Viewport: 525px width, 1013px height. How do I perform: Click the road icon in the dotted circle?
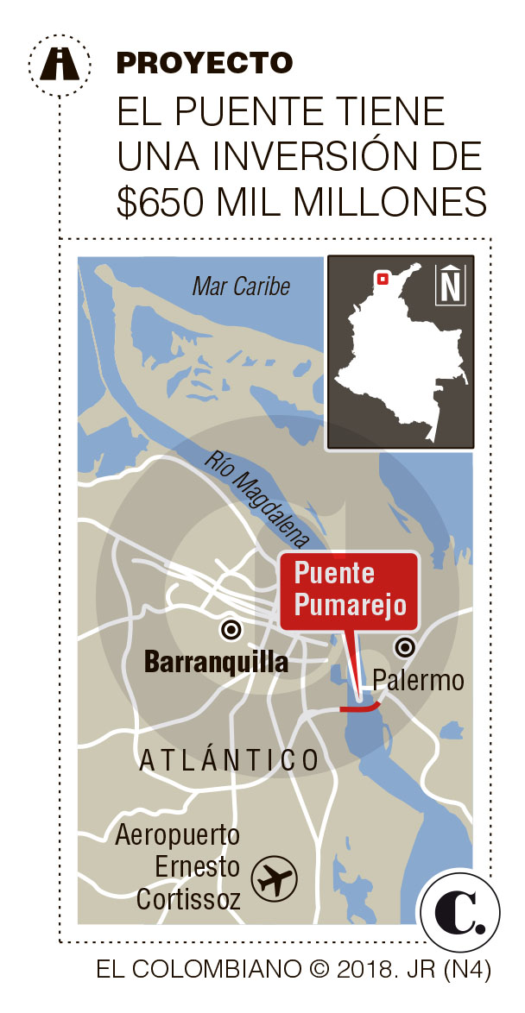click(x=60, y=63)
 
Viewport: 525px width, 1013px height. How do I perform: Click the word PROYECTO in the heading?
click(x=204, y=62)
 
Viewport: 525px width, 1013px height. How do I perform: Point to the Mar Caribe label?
click(x=241, y=286)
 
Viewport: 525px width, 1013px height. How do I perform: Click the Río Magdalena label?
click(x=256, y=498)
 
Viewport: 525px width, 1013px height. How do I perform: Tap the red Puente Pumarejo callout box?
click(x=349, y=589)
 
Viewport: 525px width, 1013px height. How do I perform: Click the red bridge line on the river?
click(x=359, y=708)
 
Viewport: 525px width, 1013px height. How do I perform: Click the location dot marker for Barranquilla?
click(x=231, y=630)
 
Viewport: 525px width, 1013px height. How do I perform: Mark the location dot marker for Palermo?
click(x=403, y=647)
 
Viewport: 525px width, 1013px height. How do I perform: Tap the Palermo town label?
click(x=418, y=681)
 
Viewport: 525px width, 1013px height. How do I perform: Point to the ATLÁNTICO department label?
click(x=229, y=761)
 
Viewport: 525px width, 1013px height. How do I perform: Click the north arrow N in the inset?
click(x=450, y=285)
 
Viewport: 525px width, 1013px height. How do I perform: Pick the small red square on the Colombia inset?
click(x=380, y=278)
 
